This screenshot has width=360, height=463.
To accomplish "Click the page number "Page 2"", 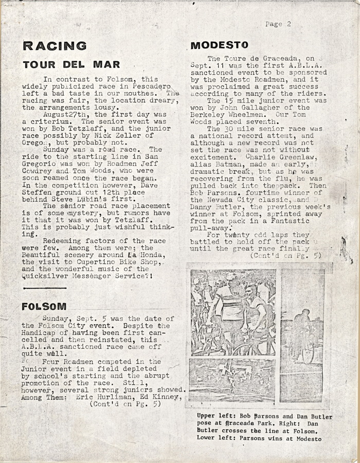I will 278,24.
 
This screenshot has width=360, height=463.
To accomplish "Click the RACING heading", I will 55,46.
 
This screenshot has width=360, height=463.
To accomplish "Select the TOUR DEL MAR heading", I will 71,64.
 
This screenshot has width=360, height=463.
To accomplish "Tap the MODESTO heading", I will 219,45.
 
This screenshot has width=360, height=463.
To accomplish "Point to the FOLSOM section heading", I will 44,307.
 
